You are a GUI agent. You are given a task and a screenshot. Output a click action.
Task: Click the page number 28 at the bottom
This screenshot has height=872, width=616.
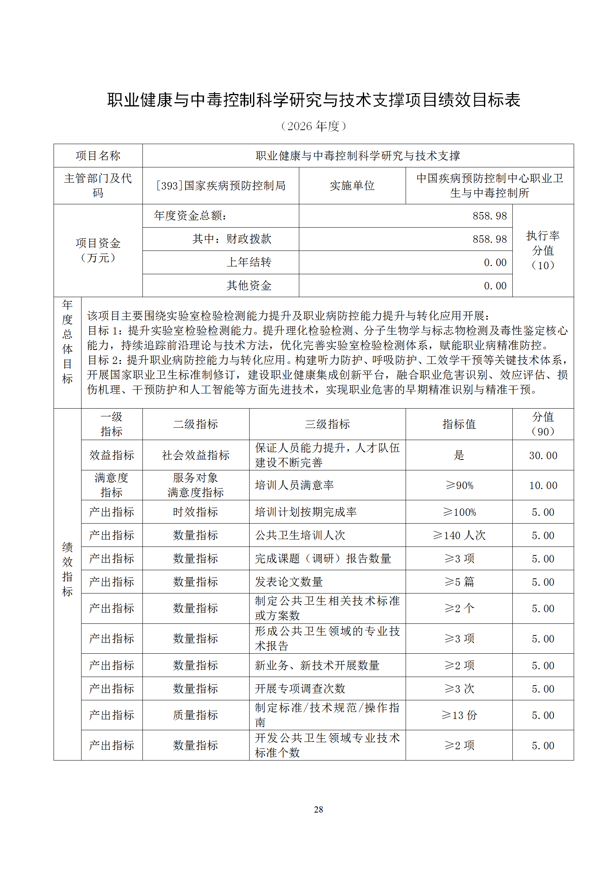point(318,809)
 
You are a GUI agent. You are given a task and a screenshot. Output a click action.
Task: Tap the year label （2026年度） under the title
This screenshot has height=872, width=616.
point(314,126)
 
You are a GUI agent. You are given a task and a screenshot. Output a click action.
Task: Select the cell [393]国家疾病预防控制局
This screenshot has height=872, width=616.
point(220,186)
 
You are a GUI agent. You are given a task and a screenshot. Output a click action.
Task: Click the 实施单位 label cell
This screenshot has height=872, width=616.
point(352,186)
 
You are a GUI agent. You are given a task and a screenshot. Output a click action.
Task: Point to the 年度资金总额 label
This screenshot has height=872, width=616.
point(190,216)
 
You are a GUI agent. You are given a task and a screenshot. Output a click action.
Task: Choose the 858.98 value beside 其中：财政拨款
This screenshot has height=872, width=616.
point(489,239)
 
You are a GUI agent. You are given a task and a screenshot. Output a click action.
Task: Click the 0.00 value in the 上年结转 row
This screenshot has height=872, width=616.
point(495,263)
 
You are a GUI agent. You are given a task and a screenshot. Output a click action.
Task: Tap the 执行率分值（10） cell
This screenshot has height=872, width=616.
point(543,251)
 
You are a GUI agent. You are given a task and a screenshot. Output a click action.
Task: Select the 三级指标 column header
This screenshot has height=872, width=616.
point(327,424)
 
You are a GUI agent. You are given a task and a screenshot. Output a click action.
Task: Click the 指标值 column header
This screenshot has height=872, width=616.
point(459,424)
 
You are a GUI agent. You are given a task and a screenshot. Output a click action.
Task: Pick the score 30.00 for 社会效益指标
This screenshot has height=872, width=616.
point(543,455)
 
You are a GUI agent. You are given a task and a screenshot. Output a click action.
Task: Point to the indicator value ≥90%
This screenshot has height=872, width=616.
point(459,485)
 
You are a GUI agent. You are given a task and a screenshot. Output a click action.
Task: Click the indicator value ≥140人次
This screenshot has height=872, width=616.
point(459,535)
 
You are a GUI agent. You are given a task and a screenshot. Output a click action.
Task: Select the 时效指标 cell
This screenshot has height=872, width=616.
point(196,512)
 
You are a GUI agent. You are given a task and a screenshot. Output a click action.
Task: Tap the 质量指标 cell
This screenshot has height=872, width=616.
point(196,715)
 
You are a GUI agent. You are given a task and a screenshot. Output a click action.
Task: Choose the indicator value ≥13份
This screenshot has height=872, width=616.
point(459,715)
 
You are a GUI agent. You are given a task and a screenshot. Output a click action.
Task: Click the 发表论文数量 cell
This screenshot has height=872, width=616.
point(289,582)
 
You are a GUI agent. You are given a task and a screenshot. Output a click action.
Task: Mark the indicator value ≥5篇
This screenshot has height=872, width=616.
point(459,582)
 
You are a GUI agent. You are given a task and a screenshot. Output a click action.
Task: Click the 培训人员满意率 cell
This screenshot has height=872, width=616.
point(294,485)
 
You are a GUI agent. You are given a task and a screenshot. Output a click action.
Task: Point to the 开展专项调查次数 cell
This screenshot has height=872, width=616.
point(300,689)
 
